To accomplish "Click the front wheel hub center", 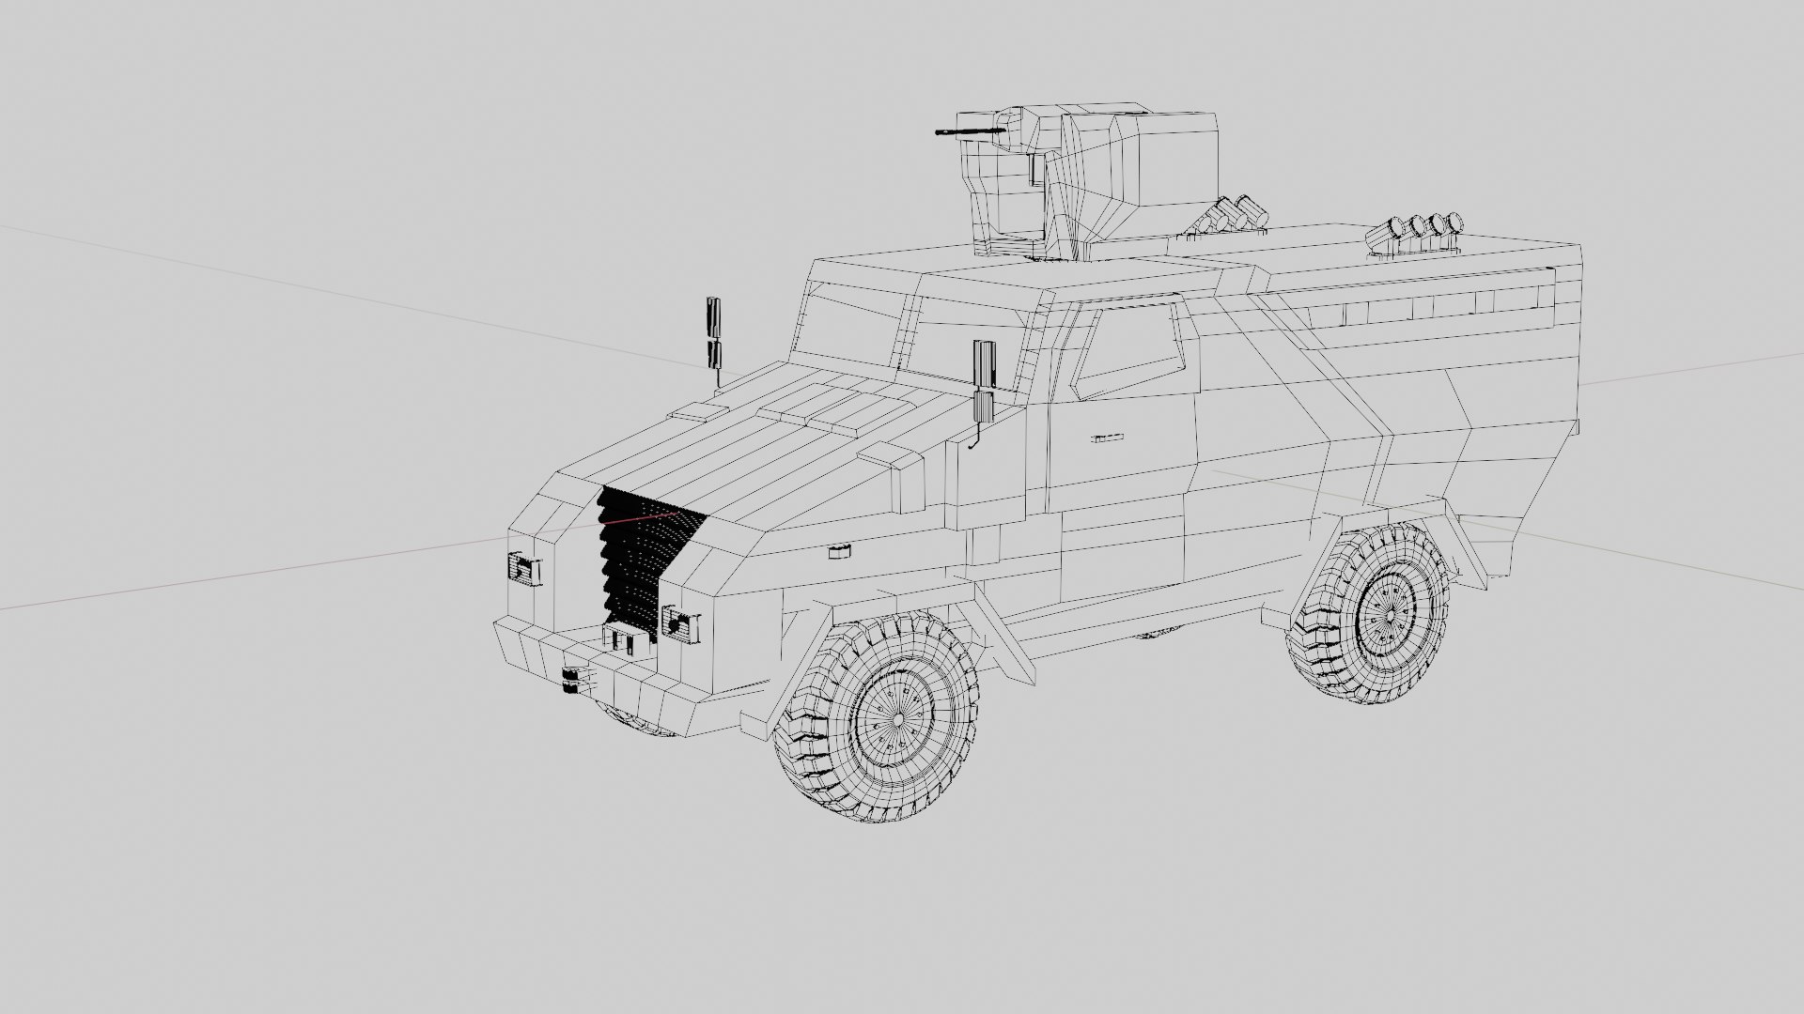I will [x=897, y=718].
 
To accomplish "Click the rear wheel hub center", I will [x=1388, y=614].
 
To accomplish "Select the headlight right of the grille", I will [x=680, y=622].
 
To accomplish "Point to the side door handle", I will [x=1108, y=438].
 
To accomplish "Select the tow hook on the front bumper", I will [x=571, y=682].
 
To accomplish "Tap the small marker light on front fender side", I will [x=839, y=551].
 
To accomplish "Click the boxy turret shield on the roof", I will [x=1127, y=178].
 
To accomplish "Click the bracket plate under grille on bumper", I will [x=625, y=640].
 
